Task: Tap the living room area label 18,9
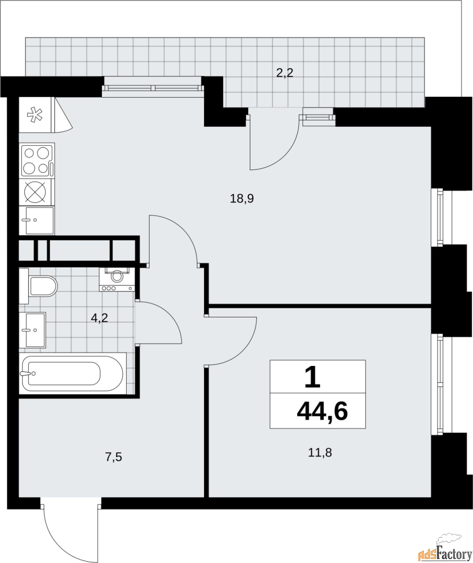click(242, 199)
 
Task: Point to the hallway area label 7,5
click(113, 457)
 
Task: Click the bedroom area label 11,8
click(320, 452)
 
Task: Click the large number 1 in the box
click(313, 377)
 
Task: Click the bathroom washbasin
click(33, 330)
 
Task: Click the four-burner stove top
click(37, 160)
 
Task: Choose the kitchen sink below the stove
click(37, 220)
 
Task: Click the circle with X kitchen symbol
click(36, 192)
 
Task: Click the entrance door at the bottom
click(70, 528)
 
